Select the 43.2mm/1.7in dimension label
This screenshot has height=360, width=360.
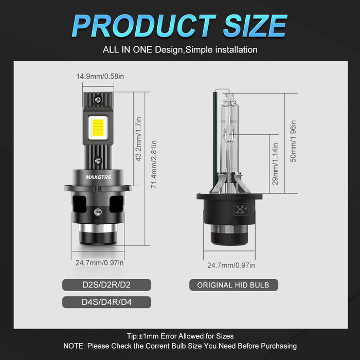138,139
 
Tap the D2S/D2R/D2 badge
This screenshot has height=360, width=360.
106,285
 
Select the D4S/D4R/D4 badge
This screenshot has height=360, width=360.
106,302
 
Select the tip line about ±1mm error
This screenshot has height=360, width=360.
179,336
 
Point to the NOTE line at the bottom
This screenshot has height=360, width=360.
180,346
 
